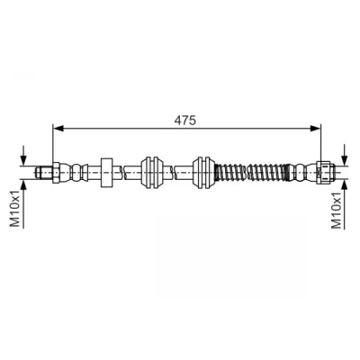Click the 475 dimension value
coord(185,120)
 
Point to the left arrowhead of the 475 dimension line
coord(58,129)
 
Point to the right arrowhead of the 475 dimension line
coord(316,129)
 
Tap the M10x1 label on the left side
coord(15,209)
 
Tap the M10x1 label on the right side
coord(337,211)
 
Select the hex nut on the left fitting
coord(57,173)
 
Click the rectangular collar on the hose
coord(106,173)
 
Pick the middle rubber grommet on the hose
coord(152,173)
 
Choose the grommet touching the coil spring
coord(203,173)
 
